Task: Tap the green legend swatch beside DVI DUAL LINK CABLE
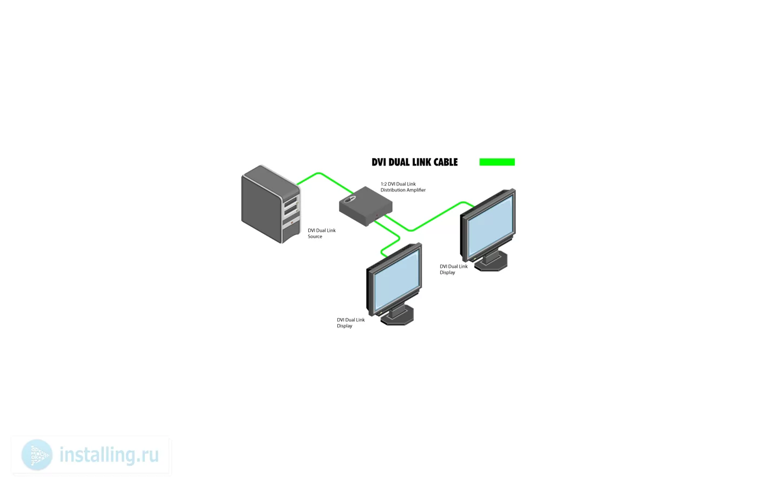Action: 497,162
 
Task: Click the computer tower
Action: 271,204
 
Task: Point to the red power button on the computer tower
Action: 292,223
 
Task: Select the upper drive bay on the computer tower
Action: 291,202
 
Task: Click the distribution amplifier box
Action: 366,206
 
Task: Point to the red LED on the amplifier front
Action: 377,215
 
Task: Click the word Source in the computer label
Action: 315,237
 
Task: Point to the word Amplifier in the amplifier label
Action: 415,190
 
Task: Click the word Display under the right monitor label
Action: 447,273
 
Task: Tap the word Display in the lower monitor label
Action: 344,326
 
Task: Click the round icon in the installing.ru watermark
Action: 37,455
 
